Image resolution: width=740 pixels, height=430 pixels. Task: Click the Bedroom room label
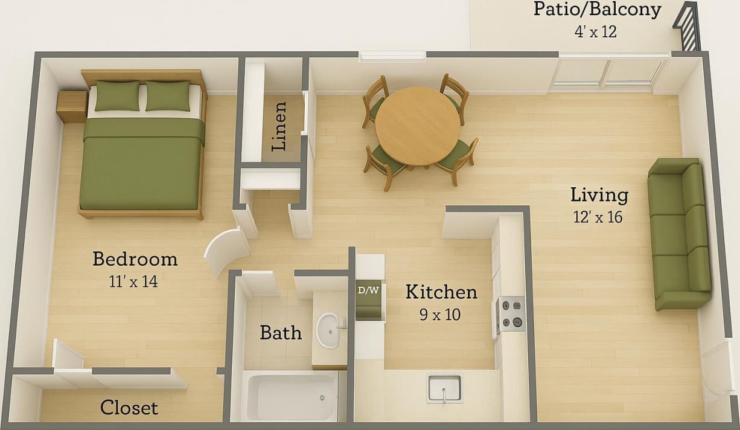point(135,259)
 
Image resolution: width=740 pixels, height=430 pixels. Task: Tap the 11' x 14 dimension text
point(135,281)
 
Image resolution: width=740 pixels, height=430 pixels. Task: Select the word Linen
point(278,126)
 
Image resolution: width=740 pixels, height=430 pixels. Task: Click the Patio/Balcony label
point(597,10)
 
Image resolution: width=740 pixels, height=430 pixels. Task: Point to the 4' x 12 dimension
point(595,31)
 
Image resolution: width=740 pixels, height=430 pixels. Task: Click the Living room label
point(599,195)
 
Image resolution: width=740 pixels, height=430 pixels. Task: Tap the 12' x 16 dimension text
point(598,217)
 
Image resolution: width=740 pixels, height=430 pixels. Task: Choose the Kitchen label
point(441,292)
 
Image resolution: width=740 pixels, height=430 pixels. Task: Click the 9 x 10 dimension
point(439,314)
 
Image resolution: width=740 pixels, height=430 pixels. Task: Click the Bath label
point(281,333)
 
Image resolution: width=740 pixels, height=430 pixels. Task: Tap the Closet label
point(129,408)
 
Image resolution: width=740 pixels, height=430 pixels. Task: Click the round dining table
point(417,126)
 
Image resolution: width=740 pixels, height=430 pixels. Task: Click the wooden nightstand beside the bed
point(72,106)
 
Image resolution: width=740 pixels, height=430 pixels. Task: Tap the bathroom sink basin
point(329,330)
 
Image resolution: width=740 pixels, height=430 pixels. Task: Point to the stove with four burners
point(511,313)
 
